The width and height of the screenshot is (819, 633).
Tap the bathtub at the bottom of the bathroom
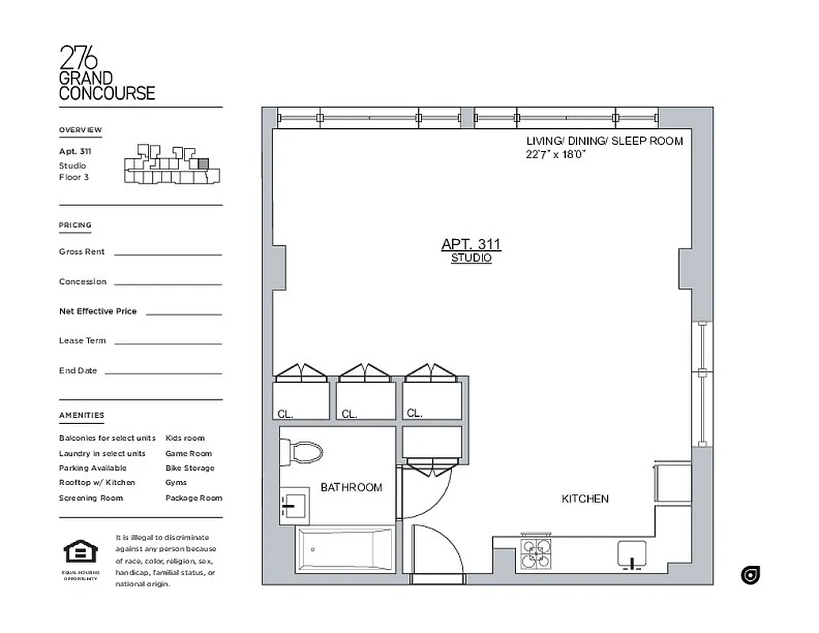pyautogui.click(x=344, y=549)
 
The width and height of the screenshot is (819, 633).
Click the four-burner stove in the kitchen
pyautogui.click(x=536, y=555)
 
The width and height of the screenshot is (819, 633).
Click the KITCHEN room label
pyautogui.click(x=585, y=498)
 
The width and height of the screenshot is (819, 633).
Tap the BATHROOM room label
pyautogui.click(x=351, y=487)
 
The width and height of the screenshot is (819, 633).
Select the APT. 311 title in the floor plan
pyautogui.click(x=471, y=244)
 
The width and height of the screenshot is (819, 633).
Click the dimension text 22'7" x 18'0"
pyautogui.click(x=555, y=155)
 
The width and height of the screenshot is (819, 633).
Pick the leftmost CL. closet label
pyautogui.click(x=285, y=414)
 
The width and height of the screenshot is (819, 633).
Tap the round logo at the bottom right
pyautogui.click(x=750, y=575)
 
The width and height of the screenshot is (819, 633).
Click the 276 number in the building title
pyautogui.click(x=79, y=58)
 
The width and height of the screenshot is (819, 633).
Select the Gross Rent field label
pyautogui.click(x=82, y=252)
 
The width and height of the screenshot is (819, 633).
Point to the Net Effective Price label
pyautogui.click(x=97, y=311)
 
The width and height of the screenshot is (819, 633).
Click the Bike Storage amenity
pyautogui.click(x=189, y=468)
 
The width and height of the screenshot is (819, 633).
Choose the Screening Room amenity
pyautogui.click(x=90, y=498)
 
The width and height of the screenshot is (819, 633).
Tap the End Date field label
pyautogui.click(x=78, y=370)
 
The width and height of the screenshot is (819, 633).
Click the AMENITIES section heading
pyautogui.click(x=81, y=415)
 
